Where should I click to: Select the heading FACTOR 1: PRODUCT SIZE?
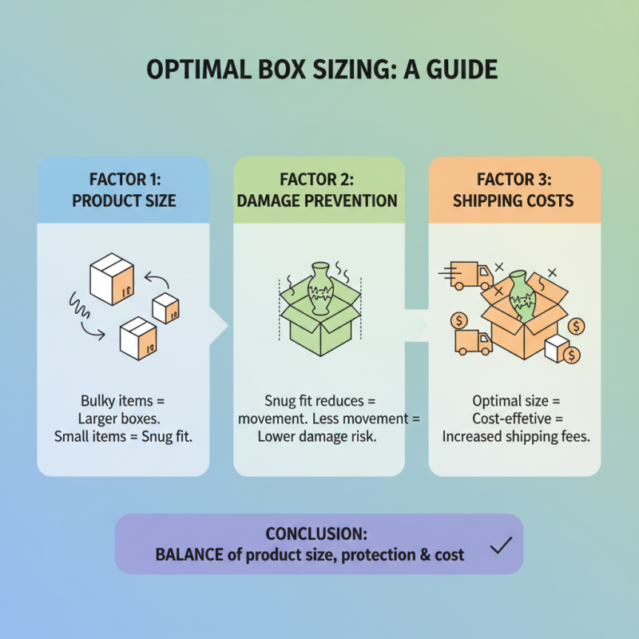(123, 190)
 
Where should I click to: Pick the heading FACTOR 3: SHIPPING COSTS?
(514, 190)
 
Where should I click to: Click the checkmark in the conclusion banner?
(500, 545)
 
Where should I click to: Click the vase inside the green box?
(319, 289)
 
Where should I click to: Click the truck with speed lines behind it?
(471, 275)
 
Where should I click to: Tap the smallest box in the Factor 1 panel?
(165, 307)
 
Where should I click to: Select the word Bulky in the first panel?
(100, 400)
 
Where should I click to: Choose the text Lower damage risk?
(317, 437)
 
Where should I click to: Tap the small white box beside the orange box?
(556, 348)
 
